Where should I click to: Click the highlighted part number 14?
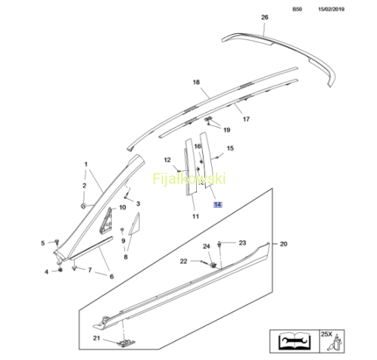click(x=218, y=205)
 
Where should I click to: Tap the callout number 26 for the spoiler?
click(x=265, y=17)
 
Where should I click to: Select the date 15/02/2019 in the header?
click(x=331, y=9)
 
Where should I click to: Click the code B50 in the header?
click(x=297, y=9)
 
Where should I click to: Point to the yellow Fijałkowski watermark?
click(x=189, y=178)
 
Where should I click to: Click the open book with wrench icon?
click(x=295, y=341)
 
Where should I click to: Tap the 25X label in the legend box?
click(x=326, y=334)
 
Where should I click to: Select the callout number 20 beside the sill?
click(x=284, y=244)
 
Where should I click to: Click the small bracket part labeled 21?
click(x=127, y=343)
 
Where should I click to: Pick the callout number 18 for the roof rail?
click(x=196, y=82)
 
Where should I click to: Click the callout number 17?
click(x=247, y=119)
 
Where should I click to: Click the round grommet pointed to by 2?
click(x=83, y=206)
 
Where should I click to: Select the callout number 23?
click(x=242, y=243)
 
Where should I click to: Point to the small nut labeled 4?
click(x=60, y=270)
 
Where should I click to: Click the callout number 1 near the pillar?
click(x=86, y=164)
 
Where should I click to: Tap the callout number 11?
click(x=196, y=216)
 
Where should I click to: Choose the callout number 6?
click(x=112, y=276)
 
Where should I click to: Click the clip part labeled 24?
click(x=213, y=264)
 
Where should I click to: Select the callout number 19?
click(x=227, y=130)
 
